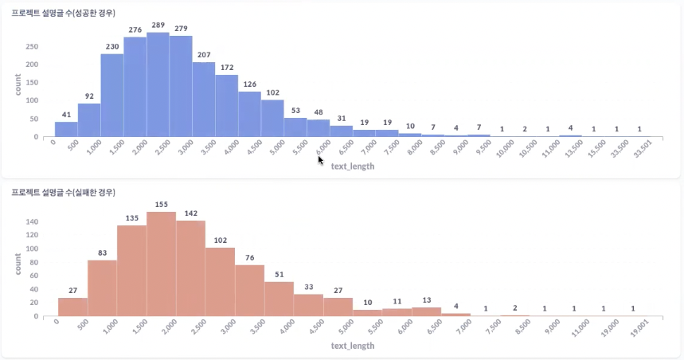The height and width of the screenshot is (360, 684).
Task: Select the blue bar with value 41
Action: tap(66, 129)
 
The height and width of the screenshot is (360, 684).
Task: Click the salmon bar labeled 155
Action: tap(161, 264)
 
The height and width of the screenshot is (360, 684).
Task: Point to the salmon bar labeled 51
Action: tap(279, 299)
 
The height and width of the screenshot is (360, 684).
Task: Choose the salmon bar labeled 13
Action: tap(426, 312)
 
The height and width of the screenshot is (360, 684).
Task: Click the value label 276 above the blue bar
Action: tap(135, 29)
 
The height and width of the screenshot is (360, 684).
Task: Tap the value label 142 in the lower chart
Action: tap(190, 213)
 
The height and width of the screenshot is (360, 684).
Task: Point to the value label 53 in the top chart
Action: tap(295, 110)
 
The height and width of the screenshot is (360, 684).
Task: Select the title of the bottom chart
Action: tap(64, 193)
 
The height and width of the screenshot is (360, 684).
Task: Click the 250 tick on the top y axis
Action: tap(32, 46)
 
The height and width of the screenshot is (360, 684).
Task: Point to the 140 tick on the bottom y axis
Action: tap(32, 221)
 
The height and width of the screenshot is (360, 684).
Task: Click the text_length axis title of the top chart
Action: tap(352, 166)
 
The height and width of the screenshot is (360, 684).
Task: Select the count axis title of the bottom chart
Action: tap(18, 264)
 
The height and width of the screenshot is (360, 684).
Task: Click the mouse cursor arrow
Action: tap(320, 159)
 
